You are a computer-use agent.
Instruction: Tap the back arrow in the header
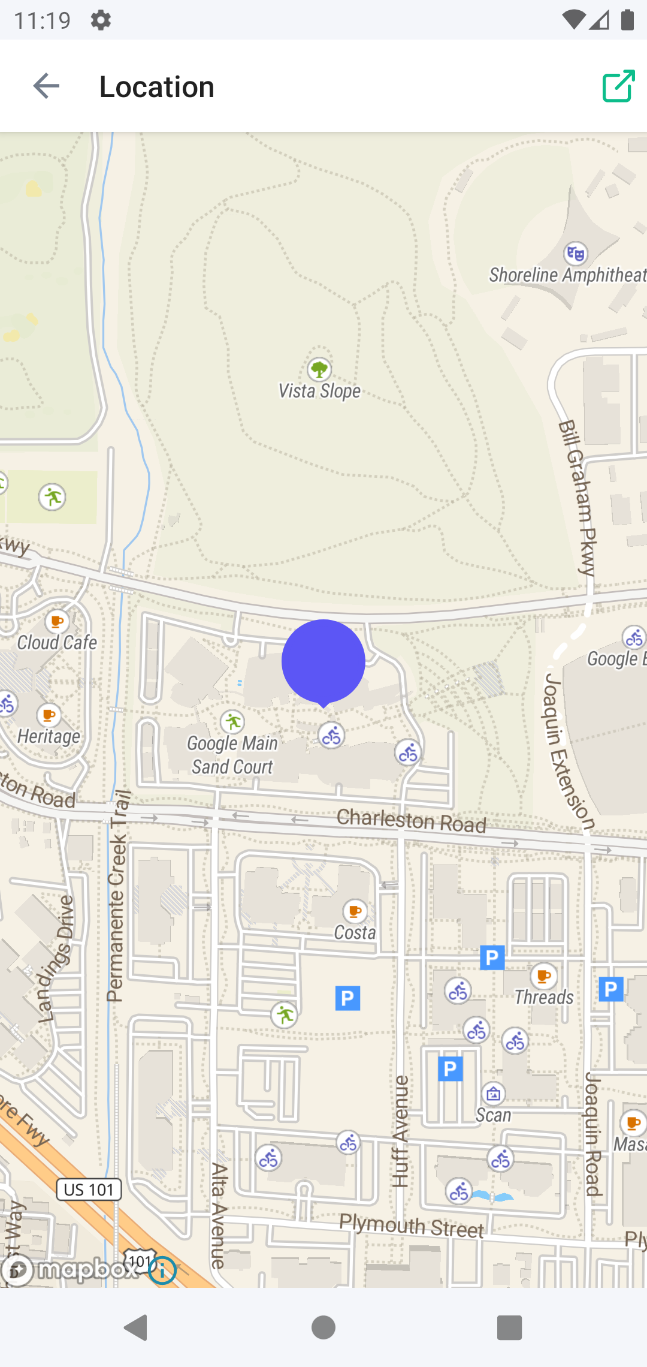pos(46,86)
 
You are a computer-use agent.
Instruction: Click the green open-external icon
pos(618,86)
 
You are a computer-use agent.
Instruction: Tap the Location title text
pos(157,87)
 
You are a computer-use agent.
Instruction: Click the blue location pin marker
pos(323,661)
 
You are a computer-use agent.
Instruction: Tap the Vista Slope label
pos(319,392)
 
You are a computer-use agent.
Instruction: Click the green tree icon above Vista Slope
pos(319,368)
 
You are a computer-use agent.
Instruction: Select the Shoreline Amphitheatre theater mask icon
pos(576,254)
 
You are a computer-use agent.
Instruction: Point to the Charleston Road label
pos(411,821)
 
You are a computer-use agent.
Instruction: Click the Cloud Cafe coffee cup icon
pos(57,621)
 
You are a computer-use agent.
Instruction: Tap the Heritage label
pos(49,736)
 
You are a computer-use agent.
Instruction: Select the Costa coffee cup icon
pos(355,911)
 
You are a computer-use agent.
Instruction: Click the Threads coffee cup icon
pos(543,976)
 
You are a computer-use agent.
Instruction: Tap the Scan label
pos(494,1115)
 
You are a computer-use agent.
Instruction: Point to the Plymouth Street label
pos(411,1227)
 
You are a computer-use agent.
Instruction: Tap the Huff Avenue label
pos(400,1131)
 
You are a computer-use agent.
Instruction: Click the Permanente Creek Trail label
pos(118,899)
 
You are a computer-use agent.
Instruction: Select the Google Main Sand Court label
pos(232,755)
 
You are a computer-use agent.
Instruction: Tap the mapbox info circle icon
pos(162,1270)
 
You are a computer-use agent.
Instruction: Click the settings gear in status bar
pos(101,20)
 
